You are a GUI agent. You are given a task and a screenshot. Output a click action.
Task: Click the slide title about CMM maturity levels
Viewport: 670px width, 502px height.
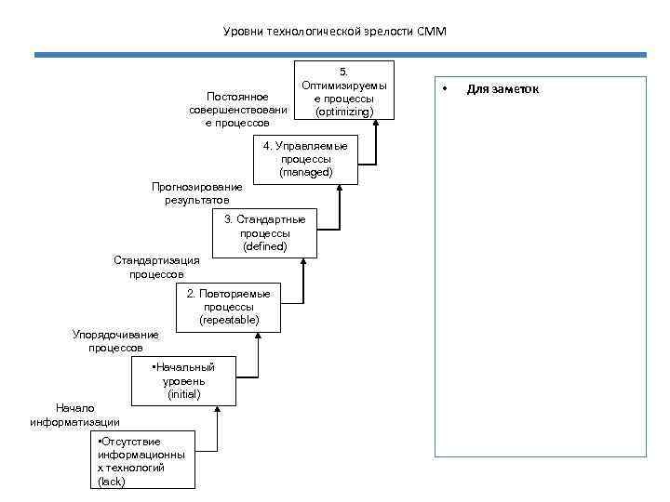(335, 32)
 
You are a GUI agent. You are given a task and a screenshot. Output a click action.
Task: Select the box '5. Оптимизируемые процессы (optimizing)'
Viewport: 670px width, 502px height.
(343, 91)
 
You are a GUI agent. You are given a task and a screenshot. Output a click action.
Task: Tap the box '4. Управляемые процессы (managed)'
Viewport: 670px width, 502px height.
(305, 160)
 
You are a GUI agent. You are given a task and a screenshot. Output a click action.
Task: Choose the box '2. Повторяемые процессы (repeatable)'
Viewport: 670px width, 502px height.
(228, 307)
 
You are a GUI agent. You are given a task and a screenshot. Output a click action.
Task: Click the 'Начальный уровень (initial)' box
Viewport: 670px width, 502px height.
(183, 381)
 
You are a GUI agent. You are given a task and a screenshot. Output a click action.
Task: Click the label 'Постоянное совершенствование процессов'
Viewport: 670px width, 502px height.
(238, 110)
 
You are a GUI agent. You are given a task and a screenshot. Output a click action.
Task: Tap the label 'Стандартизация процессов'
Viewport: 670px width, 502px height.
(156, 268)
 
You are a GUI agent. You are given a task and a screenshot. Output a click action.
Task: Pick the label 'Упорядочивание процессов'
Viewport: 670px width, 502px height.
(115, 341)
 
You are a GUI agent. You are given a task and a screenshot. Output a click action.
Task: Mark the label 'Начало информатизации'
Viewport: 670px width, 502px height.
(74, 415)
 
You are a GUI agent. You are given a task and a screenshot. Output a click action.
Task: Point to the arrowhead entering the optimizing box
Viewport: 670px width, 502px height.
(377, 123)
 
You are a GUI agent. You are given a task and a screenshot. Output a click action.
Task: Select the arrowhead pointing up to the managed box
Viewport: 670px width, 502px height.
(340, 187)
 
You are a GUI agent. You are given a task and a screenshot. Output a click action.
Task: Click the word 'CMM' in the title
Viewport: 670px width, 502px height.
(433, 32)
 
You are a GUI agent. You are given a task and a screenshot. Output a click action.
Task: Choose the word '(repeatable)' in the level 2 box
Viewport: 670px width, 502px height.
(229, 320)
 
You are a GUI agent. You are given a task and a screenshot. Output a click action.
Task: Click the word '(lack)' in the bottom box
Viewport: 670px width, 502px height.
(111, 481)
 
